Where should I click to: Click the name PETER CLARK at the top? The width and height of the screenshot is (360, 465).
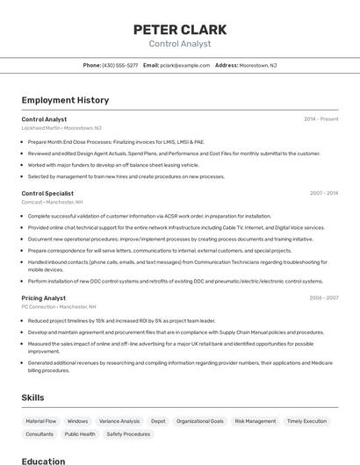point(180,29)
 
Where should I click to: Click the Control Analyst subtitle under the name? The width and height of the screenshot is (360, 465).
point(180,43)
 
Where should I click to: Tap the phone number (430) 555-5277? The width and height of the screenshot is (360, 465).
point(119,65)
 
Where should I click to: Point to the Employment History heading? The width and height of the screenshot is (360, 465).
point(65,100)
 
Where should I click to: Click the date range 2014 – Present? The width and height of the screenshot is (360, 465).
point(320,118)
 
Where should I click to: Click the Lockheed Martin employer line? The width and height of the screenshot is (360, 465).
point(61,127)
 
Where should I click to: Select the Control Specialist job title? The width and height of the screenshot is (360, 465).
point(47,193)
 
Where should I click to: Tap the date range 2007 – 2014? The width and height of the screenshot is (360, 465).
point(323,193)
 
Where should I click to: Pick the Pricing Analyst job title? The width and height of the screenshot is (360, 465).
point(43,298)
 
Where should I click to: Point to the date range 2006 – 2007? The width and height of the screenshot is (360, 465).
point(323,298)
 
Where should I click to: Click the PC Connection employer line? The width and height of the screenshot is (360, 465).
point(59,307)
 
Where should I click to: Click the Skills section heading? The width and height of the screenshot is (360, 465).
point(33,397)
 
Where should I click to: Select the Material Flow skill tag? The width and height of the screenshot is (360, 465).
point(41,421)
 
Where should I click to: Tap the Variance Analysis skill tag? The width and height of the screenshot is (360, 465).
point(119,421)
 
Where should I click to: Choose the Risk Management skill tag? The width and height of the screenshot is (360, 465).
point(255,421)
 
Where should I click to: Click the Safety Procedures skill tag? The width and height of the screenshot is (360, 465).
point(128,433)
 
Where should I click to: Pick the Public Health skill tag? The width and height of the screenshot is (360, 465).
point(80,433)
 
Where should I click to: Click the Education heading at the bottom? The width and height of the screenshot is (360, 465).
point(43,461)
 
